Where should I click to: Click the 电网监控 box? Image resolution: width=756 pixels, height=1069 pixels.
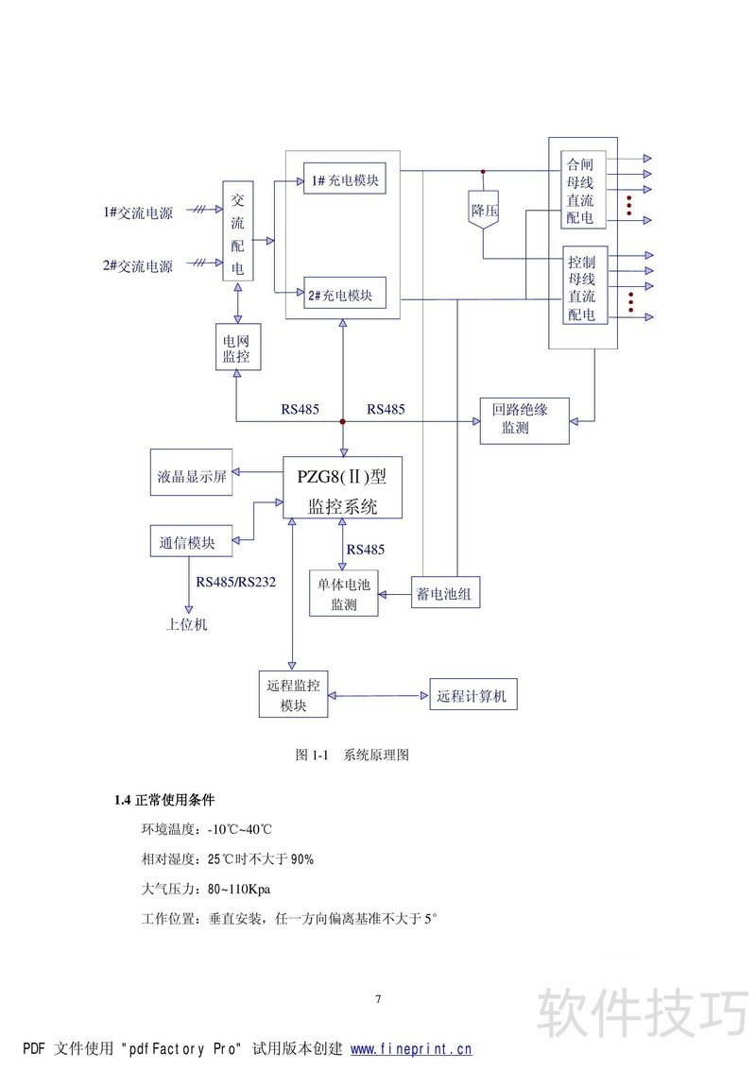236,347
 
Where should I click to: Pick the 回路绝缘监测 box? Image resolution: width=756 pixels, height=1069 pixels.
524,418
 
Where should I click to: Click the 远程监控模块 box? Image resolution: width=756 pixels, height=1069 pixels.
293,695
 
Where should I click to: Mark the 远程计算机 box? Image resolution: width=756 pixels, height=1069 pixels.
472,695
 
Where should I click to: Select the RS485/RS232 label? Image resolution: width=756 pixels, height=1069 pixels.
236,582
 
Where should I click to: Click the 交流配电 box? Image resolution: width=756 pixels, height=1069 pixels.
237,232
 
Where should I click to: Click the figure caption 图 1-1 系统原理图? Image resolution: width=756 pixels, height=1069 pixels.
352,755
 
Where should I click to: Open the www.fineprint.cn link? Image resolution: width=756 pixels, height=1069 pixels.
411,1048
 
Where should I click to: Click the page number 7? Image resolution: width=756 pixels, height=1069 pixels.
378,999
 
